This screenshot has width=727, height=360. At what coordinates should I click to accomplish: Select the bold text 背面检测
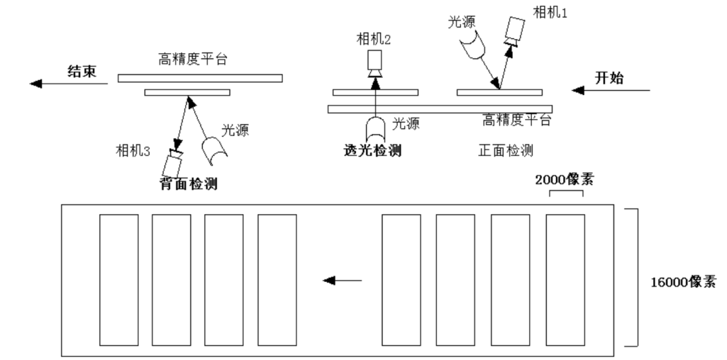coord(188,183)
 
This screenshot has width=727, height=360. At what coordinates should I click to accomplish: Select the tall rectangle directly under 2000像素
coord(565,279)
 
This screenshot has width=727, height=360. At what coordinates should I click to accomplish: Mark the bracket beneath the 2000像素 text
coord(565,194)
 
